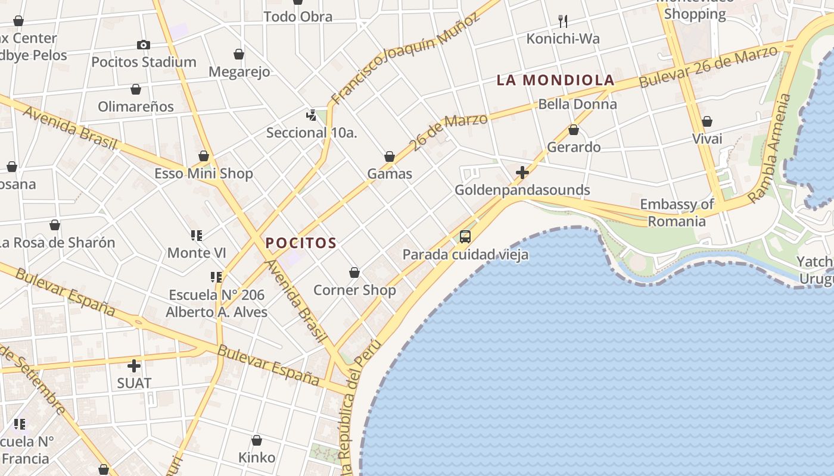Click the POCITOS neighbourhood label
point(301,243)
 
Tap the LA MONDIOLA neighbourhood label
point(555,80)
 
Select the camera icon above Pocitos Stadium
point(143,45)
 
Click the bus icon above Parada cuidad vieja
point(465,237)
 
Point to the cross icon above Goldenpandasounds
point(522,173)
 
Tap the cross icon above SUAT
point(134,365)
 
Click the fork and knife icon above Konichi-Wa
point(563,21)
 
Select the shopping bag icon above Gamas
point(390,156)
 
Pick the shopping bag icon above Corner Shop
point(354,273)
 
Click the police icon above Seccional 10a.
point(311,115)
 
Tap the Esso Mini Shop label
point(204,174)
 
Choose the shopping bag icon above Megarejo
point(239,54)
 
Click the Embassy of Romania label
point(677,213)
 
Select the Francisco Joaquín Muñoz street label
point(405,58)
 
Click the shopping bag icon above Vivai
point(707,122)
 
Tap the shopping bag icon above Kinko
point(257,440)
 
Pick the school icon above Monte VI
point(197,236)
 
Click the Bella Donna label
point(577,105)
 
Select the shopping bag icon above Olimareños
point(136,89)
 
